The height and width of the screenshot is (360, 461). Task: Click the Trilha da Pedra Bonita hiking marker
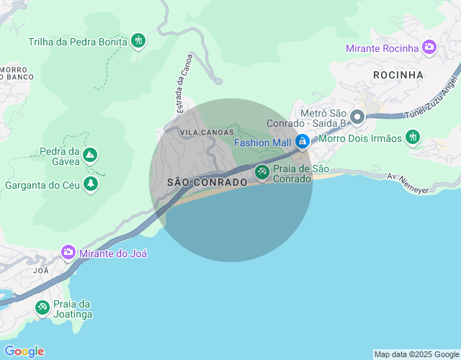(x=138, y=41)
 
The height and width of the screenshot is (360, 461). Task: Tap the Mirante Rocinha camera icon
(x=429, y=48)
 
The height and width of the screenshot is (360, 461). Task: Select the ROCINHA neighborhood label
(x=398, y=74)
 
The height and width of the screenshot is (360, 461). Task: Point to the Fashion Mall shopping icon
(x=303, y=141)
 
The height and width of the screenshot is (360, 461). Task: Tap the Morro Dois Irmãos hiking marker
(x=412, y=137)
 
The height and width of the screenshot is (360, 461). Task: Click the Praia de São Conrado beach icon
(x=262, y=172)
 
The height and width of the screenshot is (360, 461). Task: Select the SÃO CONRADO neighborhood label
(x=207, y=183)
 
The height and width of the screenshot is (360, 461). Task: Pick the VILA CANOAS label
(x=207, y=132)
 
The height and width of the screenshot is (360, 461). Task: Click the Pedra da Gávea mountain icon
(x=90, y=155)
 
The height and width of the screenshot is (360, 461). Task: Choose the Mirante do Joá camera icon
(x=68, y=253)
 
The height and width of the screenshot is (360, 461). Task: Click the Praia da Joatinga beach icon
(x=42, y=308)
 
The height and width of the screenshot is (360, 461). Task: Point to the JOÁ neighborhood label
(x=40, y=271)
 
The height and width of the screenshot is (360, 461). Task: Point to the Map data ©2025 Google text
(x=416, y=354)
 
